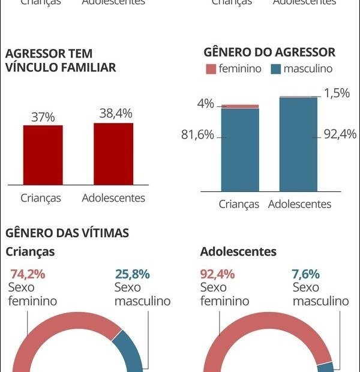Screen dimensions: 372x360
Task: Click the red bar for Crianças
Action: [43, 155]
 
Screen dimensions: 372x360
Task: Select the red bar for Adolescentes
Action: [113, 154]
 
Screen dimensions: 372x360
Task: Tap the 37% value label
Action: [43, 118]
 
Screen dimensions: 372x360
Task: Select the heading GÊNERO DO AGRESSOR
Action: [269, 52]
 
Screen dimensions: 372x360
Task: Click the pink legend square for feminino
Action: [210, 69]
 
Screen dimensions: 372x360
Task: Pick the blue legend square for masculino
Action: [276, 69]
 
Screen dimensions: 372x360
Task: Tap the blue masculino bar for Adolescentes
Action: [298, 144]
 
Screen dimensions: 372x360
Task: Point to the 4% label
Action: [206, 104]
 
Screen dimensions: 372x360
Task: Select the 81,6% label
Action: [197, 135]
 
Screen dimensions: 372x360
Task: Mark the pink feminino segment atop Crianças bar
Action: [240, 106]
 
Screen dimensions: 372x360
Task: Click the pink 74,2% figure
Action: [28, 274]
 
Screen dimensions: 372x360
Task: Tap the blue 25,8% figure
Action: [132, 274]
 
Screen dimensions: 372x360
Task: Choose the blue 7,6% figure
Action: [306, 274]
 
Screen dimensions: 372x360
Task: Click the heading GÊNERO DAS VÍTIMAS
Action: [67, 233]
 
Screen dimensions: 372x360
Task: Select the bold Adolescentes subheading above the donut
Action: [238, 251]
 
